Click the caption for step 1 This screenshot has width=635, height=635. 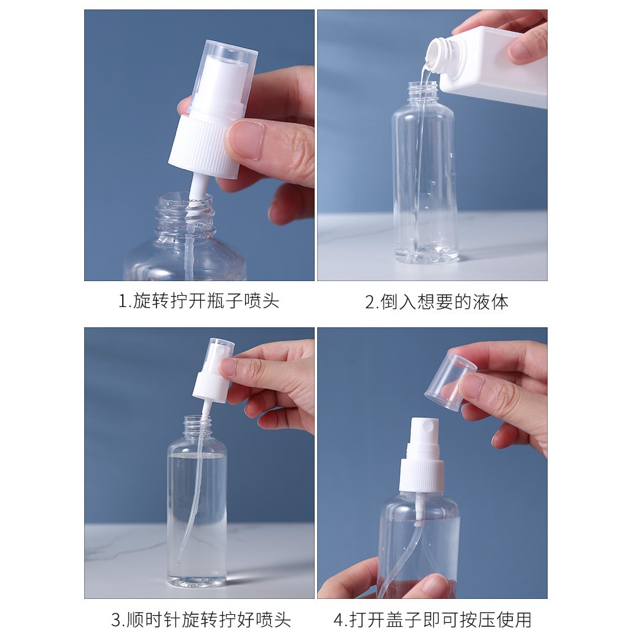point(198,301)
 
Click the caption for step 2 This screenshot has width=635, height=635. point(437,302)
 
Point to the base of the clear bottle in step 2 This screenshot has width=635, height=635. point(426,253)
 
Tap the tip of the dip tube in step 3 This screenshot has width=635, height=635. point(179,562)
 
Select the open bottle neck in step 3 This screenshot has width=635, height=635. point(198,425)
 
